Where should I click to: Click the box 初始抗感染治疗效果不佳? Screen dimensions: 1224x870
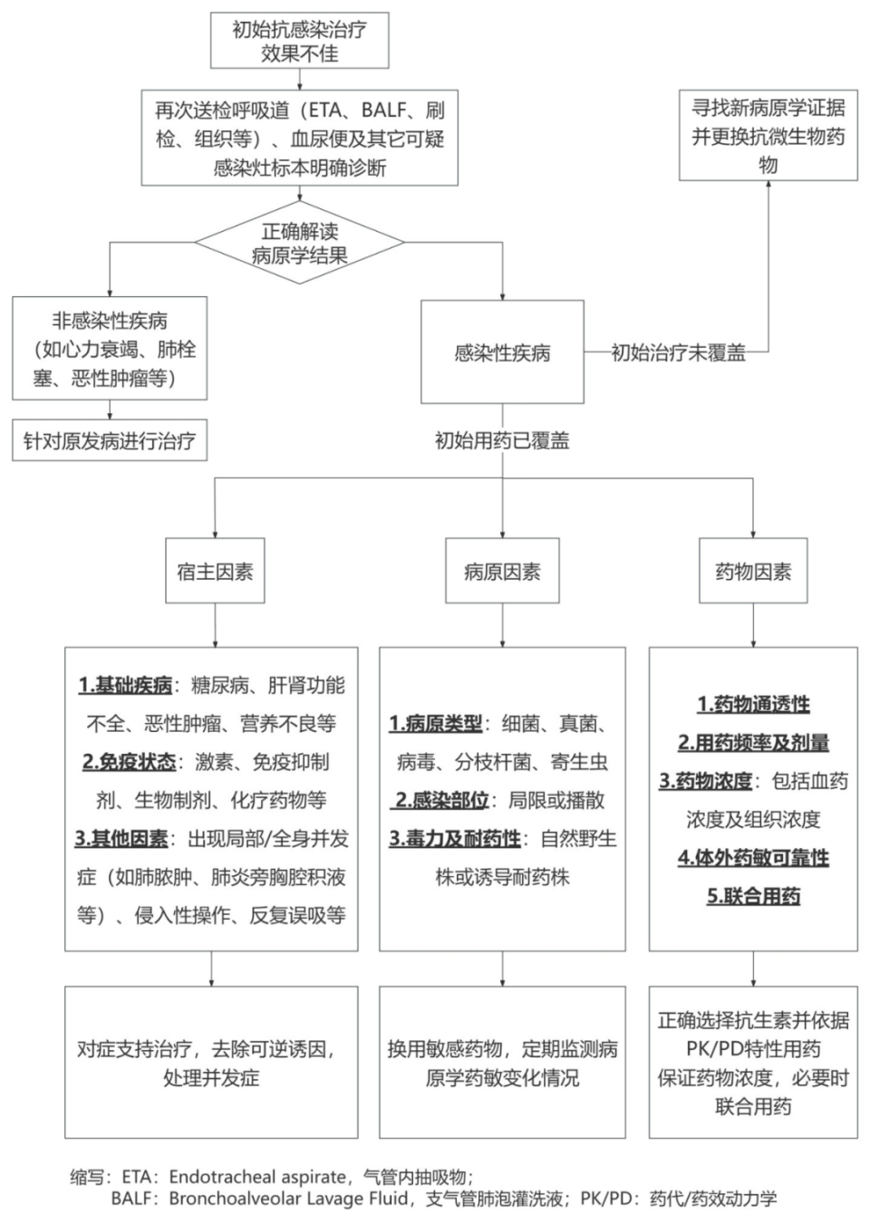tap(299, 41)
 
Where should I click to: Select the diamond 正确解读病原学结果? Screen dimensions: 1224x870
tap(299, 243)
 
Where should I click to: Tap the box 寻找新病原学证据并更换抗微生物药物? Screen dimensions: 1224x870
tap(768, 136)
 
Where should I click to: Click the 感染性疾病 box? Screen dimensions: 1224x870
tap(502, 352)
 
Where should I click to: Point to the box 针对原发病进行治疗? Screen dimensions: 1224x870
tap(109, 441)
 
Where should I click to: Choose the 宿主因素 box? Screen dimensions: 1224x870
tap(215, 572)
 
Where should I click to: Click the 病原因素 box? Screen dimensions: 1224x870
tap(502, 572)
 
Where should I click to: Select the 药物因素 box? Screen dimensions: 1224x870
tap(753, 572)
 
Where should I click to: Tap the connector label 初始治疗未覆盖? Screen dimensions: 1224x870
tap(678, 352)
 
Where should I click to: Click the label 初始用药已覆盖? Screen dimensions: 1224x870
tap(502, 441)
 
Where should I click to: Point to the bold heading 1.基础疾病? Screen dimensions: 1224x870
tap(125, 685)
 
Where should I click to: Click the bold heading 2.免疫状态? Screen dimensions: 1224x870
tap(129, 762)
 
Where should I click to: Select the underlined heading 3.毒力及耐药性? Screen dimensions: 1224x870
tap(455, 838)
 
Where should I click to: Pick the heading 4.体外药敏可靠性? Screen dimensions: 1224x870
tap(753, 857)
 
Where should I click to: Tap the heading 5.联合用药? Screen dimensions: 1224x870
tap(753, 896)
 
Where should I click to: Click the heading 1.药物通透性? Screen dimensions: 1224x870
tap(753, 704)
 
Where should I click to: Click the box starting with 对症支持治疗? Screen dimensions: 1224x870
tap(211, 1062)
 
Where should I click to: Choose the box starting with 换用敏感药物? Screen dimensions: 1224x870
tap(502, 1062)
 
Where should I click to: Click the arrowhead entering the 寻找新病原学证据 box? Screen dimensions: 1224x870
tap(768, 186)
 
